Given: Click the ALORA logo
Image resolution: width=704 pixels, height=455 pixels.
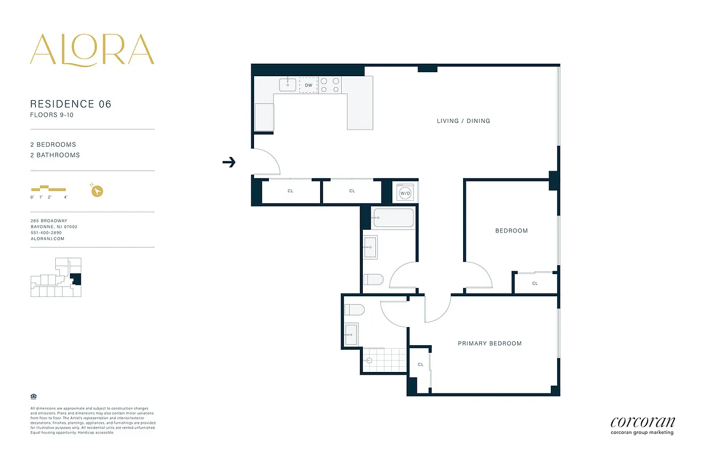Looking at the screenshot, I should pos(92,49).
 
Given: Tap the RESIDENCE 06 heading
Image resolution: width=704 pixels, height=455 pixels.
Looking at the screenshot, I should pos(71,104).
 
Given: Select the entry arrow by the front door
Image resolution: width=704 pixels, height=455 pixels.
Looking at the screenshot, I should pos(229,163).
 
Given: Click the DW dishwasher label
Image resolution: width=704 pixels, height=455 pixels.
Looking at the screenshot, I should pos(308,85).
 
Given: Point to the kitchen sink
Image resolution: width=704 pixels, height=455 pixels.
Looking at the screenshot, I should pos(288,85).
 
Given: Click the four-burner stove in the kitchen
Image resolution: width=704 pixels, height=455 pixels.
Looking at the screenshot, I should pos(329,85).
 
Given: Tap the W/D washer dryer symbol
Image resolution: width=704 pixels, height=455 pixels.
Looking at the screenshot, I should pos(405,192).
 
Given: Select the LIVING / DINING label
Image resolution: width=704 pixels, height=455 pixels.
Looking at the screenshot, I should pos(463,121).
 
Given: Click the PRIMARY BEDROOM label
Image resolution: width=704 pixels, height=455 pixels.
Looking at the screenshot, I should pos(490,344).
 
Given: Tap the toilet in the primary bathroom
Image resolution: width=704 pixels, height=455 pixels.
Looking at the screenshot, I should pos(354,310).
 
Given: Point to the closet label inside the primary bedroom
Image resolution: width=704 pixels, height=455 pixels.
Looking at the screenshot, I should pos(420,365).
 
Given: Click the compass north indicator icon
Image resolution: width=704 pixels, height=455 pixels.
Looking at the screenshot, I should pos(97,191).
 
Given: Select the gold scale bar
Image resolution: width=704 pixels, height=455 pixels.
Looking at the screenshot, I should pos(48,188).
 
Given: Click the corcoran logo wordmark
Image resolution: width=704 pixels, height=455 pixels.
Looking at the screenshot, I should pos(642,422).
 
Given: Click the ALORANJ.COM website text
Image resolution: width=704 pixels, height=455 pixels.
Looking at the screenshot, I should pos(47,239).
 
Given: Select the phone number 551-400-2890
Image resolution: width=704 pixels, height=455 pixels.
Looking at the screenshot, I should pos(46,233).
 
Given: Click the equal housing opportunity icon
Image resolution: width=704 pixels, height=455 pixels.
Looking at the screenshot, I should pos(32,396).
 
